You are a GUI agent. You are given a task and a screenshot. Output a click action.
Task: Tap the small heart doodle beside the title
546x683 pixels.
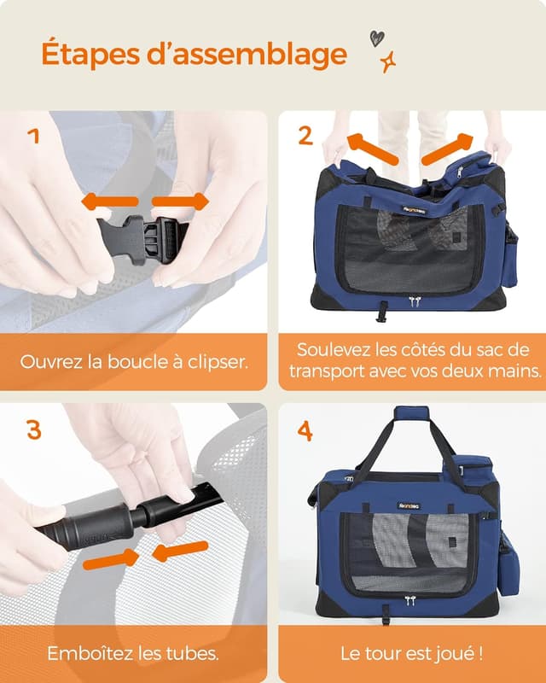(x=376, y=38)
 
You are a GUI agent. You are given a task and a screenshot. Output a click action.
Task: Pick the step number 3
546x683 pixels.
(x=34, y=429)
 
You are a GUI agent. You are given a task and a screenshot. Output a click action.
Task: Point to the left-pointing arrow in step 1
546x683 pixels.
(x=109, y=202)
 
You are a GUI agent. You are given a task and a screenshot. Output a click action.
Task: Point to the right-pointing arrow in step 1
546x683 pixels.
(x=180, y=202)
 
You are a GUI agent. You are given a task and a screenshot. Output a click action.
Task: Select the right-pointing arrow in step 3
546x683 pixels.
(x=113, y=559)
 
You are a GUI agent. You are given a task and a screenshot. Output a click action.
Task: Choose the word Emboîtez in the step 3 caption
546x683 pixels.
(x=84, y=654)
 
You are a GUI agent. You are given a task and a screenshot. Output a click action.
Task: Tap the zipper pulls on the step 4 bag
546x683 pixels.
(x=410, y=601)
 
